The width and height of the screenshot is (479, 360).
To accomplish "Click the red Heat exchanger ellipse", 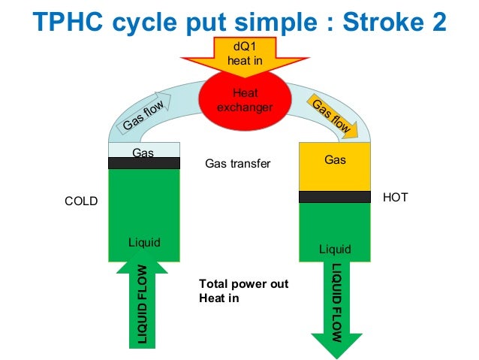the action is click(245, 100).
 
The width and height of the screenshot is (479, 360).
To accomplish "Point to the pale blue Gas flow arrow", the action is click(143, 113).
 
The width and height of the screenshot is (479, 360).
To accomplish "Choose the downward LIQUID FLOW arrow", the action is click(336, 309).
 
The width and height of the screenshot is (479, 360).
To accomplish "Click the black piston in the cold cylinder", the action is click(144, 163).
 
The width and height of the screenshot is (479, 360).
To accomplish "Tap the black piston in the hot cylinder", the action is click(335, 197).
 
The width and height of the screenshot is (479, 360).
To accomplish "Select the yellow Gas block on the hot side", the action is click(335, 167).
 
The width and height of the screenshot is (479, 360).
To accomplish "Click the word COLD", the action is click(81, 201).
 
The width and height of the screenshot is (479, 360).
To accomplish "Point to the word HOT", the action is click(396, 197).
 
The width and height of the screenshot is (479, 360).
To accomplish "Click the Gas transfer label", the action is click(238, 163).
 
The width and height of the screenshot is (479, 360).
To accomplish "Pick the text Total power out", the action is click(243, 284).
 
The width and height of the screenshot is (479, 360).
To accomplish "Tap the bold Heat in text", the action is click(219, 298).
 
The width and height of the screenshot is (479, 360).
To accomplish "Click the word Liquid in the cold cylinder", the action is click(144, 243).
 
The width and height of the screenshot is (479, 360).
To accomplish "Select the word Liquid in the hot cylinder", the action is click(335, 250).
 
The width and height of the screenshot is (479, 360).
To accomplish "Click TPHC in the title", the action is click(68, 21).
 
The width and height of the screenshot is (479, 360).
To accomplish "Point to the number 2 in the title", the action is click(438, 22).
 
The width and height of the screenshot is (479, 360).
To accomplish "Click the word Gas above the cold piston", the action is click(143, 153).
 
